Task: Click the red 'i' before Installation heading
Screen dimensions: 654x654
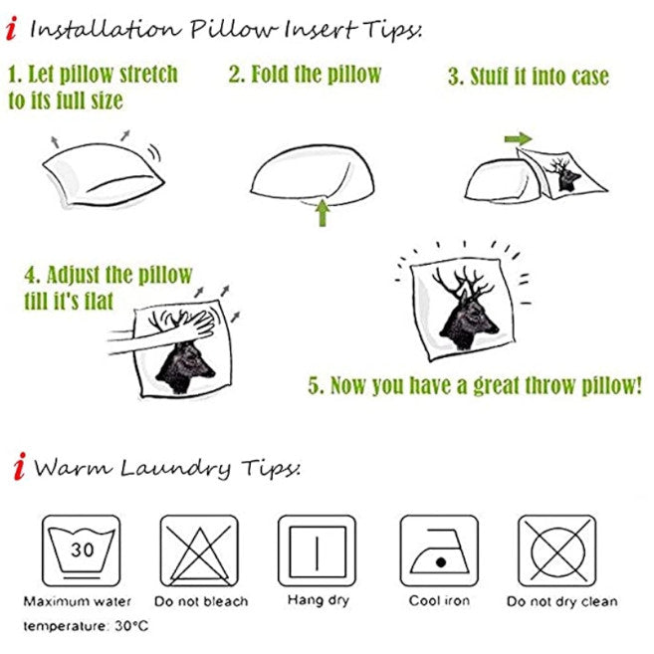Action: coord(11,28)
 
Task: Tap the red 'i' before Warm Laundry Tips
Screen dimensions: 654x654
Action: coord(19,466)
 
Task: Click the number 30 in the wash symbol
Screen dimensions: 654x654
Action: coord(83,549)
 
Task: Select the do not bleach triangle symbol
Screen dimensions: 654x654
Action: coord(199,550)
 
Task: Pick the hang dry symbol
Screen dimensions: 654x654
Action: coord(317,550)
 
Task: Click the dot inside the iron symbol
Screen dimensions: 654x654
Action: coord(441,562)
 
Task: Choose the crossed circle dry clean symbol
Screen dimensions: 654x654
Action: coord(556,550)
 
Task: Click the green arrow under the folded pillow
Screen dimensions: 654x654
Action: coord(322,213)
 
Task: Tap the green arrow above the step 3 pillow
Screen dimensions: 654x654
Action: coord(518,139)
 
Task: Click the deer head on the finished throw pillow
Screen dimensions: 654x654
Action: coord(467,309)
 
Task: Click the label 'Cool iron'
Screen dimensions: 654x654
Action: coord(439,600)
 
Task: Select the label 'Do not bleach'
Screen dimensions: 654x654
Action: coord(201,601)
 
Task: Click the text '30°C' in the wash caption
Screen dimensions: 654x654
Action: coord(131,626)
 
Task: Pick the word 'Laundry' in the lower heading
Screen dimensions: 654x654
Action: coord(175,468)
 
